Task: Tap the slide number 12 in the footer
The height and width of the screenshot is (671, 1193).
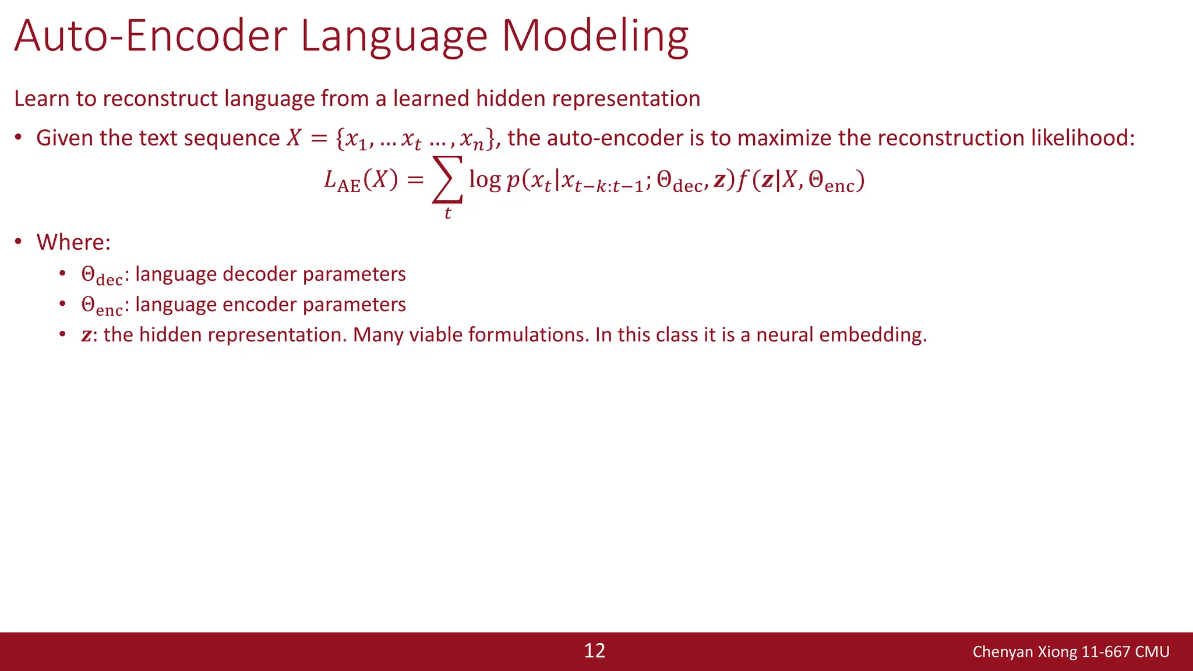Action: pyautogui.click(x=594, y=651)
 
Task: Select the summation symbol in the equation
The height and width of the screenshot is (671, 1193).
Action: pyautogui.click(x=447, y=179)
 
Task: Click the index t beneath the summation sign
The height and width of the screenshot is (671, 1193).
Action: pyautogui.click(x=447, y=213)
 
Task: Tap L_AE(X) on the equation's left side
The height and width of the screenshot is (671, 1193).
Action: pyautogui.click(x=361, y=181)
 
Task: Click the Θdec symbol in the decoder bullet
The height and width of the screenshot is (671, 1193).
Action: pyautogui.click(x=101, y=276)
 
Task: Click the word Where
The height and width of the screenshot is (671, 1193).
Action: pyautogui.click(x=73, y=242)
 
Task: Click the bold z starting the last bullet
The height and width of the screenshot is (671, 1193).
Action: pyautogui.click(x=86, y=335)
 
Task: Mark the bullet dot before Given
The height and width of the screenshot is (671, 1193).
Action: pyautogui.click(x=19, y=138)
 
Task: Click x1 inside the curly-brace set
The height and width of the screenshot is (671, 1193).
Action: pyautogui.click(x=356, y=140)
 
